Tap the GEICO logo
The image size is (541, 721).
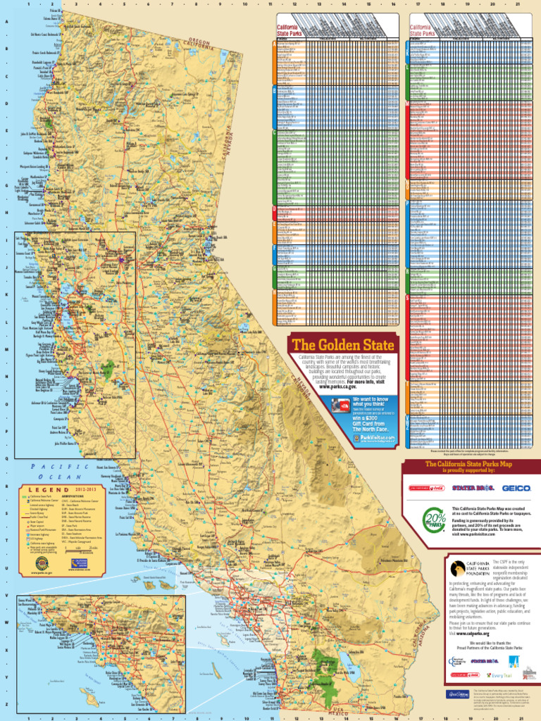pyautogui.click(x=516, y=488)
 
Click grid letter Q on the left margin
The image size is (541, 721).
pyautogui.click(x=7, y=458)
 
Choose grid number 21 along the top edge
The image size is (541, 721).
pyautogui.click(x=518, y=4)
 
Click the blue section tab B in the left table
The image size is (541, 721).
pyautogui.click(x=274, y=91)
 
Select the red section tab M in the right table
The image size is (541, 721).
pyautogui.click(x=407, y=104)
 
